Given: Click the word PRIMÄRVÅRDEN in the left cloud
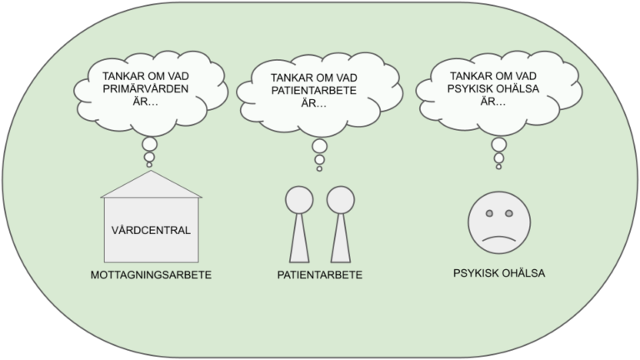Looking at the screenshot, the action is [x=146, y=88].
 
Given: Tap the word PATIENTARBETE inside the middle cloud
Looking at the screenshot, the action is [x=314, y=90].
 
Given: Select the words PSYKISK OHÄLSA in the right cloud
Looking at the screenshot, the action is [x=493, y=88].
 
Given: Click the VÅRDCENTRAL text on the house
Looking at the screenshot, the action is [x=151, y=230].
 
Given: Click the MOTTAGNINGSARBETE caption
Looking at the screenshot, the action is [x=151, y=275].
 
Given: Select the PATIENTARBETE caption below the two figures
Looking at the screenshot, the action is [x=320, y=275].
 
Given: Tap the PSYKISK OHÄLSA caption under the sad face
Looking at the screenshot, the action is [x=499, y=273].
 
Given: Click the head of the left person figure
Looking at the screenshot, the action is [x=299, y=200].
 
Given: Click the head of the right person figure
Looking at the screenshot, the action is [x=341, y=200].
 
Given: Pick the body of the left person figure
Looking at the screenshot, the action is [x=299, y=239].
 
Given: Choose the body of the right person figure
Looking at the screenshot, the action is [x=341, y=239].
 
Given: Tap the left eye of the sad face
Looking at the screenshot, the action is [x=489, y=213].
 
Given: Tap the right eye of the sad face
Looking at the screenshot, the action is [x=508, y=213].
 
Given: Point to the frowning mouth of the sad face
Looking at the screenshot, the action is [x=499, y=237].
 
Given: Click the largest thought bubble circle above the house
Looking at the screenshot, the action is [x=149, y=144].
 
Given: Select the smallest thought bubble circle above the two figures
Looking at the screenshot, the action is [x=320, y=168].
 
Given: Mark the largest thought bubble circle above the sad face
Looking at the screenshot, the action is [x=499, y=144].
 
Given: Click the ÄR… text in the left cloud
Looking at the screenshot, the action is [x=146, y=101].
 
